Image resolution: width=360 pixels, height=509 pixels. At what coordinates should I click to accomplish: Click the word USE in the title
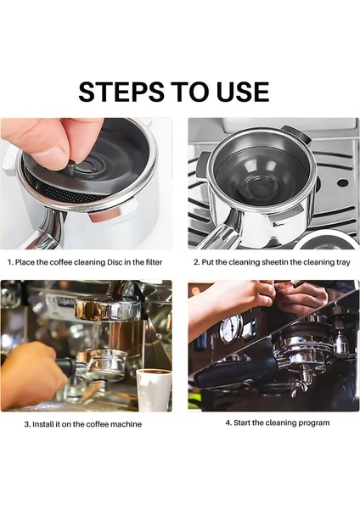click(239, 91)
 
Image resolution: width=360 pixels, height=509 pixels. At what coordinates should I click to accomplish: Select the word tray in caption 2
click(340, 262)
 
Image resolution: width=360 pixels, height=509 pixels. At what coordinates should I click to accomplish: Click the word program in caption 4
click(312, 422)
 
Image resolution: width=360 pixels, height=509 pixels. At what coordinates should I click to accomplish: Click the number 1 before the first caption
click(10, 262)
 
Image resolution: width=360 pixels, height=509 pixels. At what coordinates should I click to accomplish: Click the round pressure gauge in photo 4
click(228, 328)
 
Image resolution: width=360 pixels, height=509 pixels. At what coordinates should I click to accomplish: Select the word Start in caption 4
click(238, 422)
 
